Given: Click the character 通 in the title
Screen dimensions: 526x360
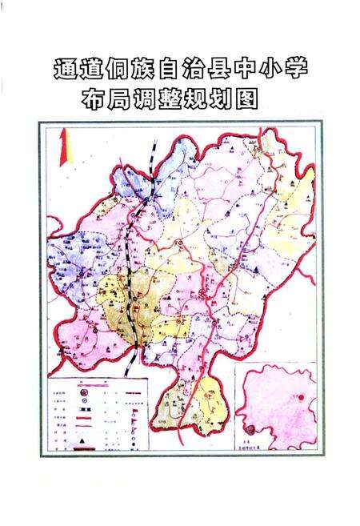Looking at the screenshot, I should (65, 67).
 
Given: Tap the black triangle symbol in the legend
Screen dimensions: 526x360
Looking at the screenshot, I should (81, 441).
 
